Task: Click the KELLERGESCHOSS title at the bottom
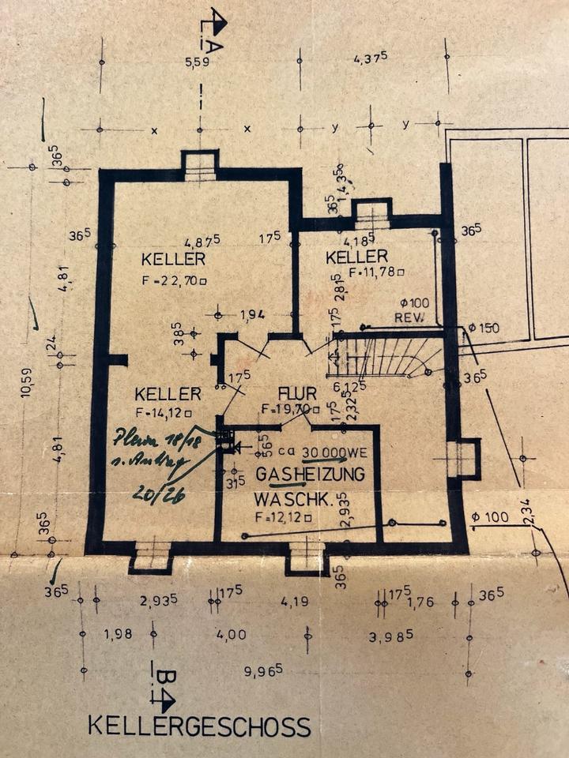(199, 726)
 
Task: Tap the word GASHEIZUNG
(311, 475)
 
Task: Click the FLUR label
(297, 393)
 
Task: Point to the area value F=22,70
(175, 280)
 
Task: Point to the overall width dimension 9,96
(263, 671)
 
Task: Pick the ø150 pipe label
(484, 328)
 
